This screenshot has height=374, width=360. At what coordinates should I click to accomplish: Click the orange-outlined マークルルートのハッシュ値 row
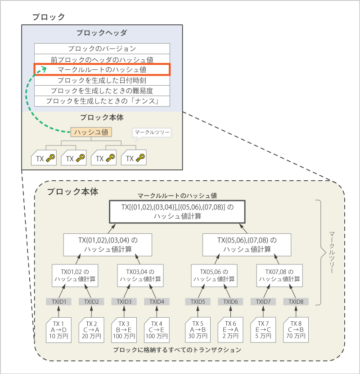(x=102, y=69)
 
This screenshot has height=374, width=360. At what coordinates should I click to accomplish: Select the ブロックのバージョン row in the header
(x=102, y=49)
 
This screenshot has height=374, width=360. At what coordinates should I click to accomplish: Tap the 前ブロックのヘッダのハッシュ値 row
(x=102, y=59)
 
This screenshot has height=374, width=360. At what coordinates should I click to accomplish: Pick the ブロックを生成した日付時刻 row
(x=102, y=80)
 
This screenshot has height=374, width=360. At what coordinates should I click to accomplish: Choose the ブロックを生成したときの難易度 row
(x=102, y=91)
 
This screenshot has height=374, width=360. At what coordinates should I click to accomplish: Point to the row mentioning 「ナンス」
(x=102, y=101)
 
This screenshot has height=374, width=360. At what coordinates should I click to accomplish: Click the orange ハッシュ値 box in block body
(x=91, y=132)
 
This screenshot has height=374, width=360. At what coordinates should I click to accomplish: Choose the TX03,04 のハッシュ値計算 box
(x=138, y=275)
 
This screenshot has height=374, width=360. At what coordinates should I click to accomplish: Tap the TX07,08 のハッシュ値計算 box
(x=277, y=275)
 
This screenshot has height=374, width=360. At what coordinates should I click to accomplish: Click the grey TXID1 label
(x=59, y=301)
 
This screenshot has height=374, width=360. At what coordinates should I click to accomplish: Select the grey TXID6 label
(x=230, y=301)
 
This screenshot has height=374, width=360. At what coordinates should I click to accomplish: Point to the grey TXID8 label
(x=296, y=301)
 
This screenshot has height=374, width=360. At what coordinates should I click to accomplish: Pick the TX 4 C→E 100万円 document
(x=157, y=330)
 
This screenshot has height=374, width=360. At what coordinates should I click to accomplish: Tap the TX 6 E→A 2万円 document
(x=230, y=330)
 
